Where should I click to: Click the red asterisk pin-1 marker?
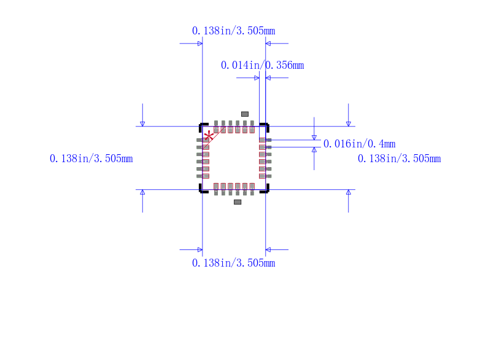pyautogui.click(x=209, y=136)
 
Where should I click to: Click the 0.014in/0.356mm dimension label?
pyautogui.click(x=263, y=65)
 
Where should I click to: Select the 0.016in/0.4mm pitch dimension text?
pyautogui.click(x=359, y=144)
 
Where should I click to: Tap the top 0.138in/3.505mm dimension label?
pyautogui.click(x=234, y=31)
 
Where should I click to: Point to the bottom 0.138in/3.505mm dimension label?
pyautogui.click(x=234, y=263)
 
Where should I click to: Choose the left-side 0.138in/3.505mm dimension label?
pyautogui.click(x=91, y=158)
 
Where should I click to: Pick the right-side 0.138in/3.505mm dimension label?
pyautogui.click(x=400, y=158)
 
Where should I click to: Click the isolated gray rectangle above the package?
pyautogui.click(x=245, y=114)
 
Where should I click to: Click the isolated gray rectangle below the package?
pyautogui.click(x=238, y=202)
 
